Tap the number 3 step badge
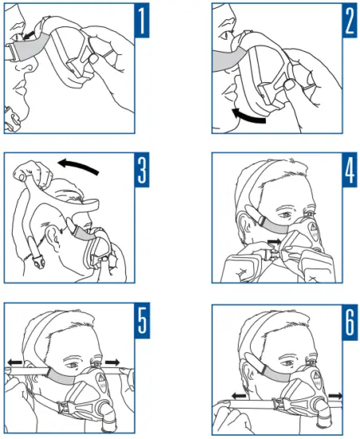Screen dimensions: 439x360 (x=140, y=172)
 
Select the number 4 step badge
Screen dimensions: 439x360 (x=347, y=172)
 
